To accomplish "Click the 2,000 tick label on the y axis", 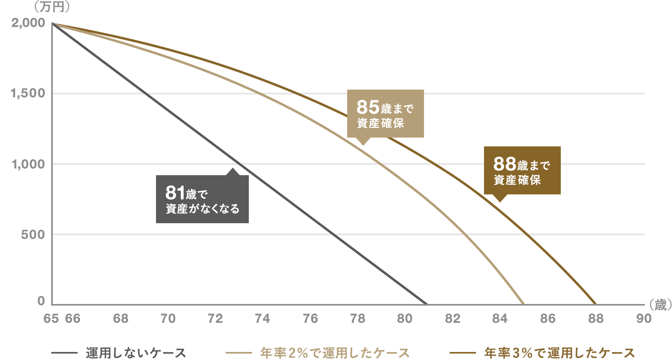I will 28,23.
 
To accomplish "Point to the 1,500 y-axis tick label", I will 28,93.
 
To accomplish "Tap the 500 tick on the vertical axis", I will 33,234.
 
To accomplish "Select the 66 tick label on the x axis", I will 73,318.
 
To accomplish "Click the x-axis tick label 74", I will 262,318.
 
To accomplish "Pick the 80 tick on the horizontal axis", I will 405,318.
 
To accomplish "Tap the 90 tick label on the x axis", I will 644,318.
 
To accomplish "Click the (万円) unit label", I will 52,7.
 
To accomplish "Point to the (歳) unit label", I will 660,305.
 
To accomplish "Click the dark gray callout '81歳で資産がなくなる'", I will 202,199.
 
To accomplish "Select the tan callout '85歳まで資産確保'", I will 385,114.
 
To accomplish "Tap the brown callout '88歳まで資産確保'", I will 522,170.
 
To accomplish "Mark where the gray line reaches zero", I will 427,304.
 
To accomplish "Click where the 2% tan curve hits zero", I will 524,304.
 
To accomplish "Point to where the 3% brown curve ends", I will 596,304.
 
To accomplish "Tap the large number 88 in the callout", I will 505,164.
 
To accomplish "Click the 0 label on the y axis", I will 41,301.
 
